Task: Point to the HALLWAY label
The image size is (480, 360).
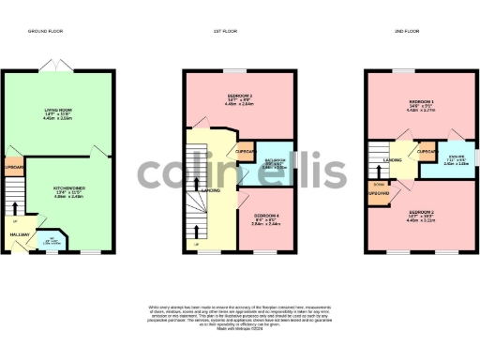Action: point(21,234)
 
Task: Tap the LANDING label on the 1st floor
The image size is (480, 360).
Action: point(214,192)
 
